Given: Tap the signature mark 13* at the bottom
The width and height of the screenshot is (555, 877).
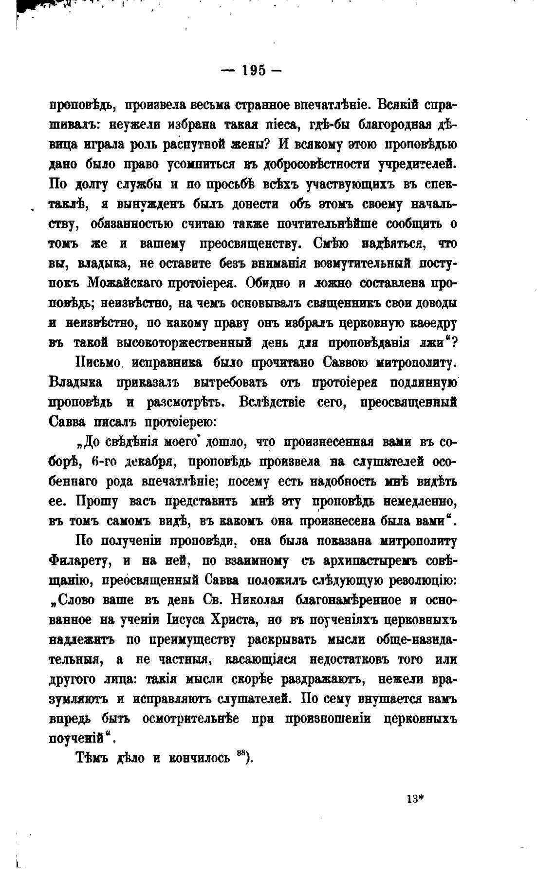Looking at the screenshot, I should point(415,799).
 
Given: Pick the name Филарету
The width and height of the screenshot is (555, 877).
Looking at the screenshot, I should point(80,561).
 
